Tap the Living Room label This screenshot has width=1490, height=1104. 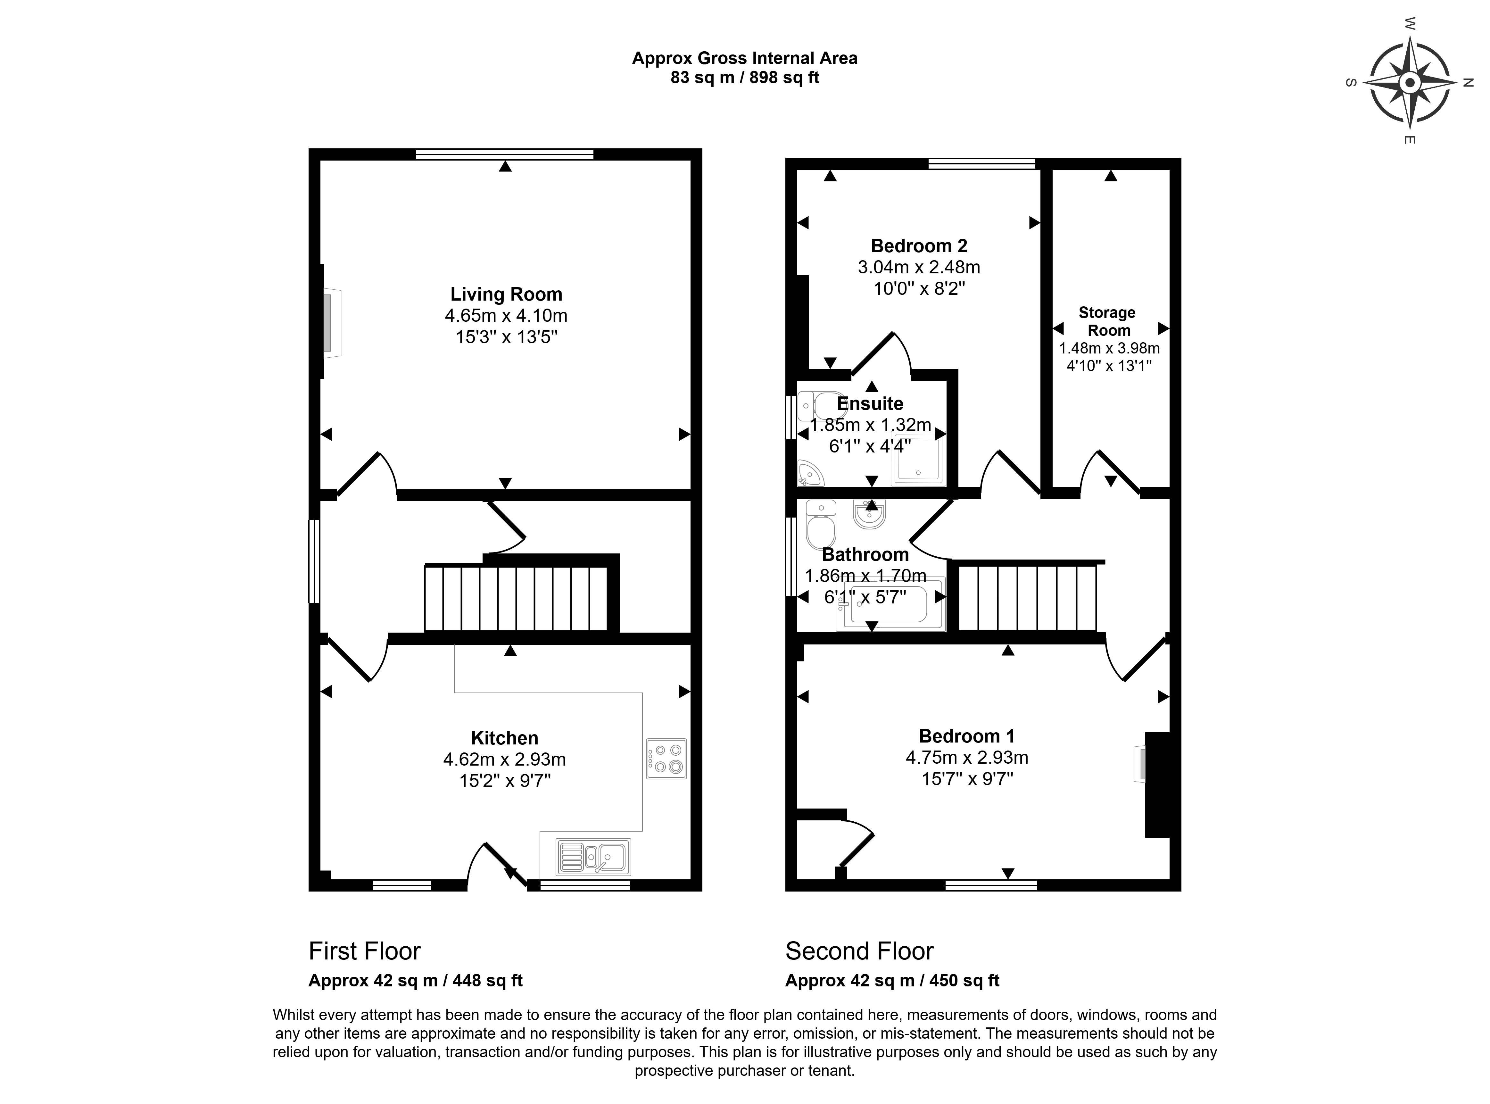(506, 294)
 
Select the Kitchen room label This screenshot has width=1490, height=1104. (504, 738)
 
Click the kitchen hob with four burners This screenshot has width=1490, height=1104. (666, 759)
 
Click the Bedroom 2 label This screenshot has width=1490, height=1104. (919, 246)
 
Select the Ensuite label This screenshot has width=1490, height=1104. (870, 404)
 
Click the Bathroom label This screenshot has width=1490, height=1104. (865, 554)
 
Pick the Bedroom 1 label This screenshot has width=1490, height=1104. (967, 736)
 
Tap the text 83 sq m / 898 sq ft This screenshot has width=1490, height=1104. (745, 78)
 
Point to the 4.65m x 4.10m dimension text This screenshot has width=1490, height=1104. (506, 315)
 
